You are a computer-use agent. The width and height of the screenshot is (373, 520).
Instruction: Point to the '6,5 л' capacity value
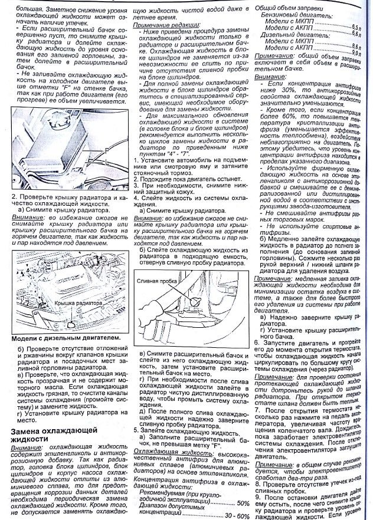353,27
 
